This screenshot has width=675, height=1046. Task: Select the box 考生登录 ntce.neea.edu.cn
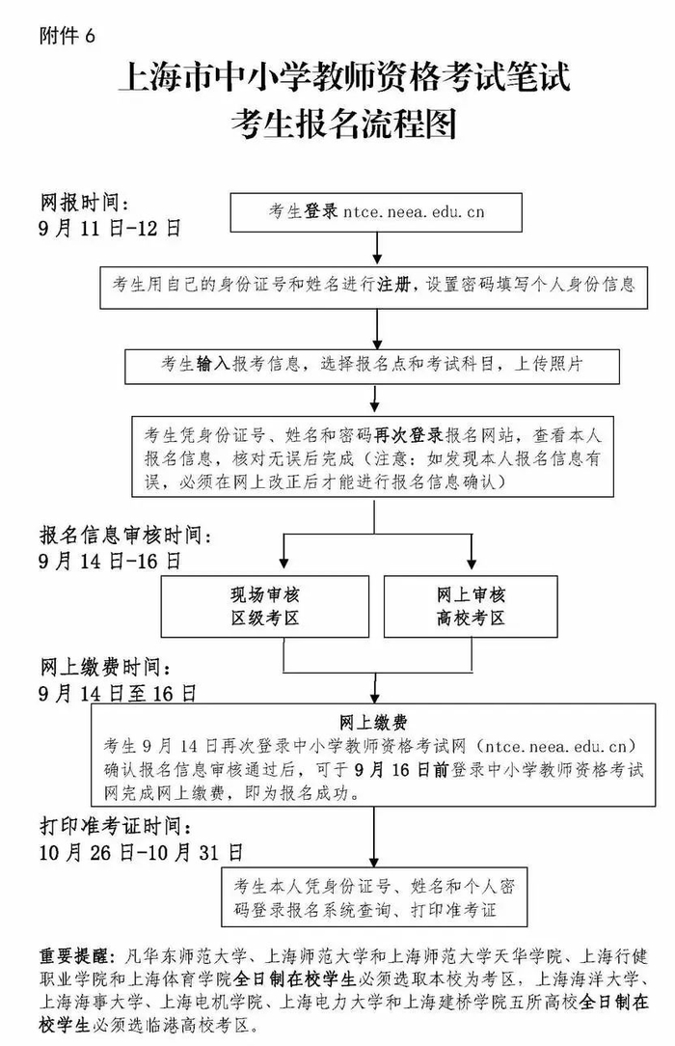[x=374, y=211]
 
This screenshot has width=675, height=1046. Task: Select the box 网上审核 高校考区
[x=470, y=605]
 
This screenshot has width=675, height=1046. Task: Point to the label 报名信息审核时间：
[x=125, y=535]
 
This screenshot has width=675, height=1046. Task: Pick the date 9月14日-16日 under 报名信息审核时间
[x=110, y=560]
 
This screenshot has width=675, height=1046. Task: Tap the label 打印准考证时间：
[x=121, y=827]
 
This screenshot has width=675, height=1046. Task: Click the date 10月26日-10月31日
[x=142, y=852]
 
